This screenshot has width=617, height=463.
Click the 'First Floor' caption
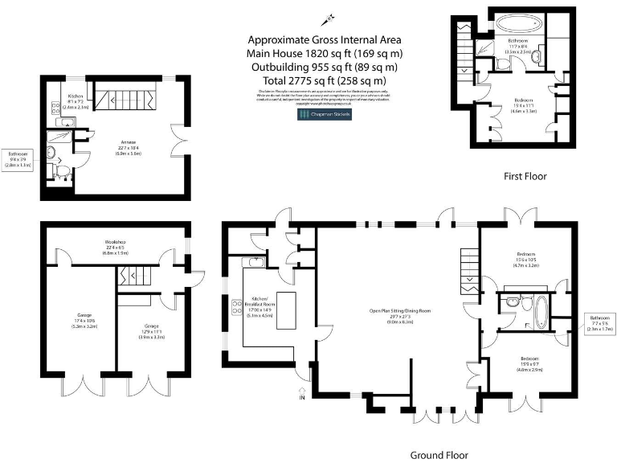tap(525, 176)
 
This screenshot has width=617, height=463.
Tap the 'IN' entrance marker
tap(302, 397)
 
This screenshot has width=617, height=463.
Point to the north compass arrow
tap(329, 17)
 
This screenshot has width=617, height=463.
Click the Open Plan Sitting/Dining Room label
tap(400, 313)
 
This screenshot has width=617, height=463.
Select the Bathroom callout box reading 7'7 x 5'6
tap(599, 323)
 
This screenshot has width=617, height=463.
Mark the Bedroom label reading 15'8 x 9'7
tap(528, 362)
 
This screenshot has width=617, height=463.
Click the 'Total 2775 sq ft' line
tap(324, 80)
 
